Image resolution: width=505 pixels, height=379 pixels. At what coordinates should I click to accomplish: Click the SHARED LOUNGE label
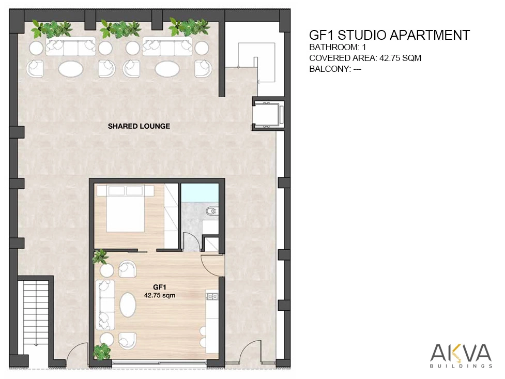click(139, 126)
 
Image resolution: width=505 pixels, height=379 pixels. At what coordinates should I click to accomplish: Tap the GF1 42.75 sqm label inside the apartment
click(160, 291)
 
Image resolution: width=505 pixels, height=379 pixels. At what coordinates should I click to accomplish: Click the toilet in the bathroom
click(211, 211)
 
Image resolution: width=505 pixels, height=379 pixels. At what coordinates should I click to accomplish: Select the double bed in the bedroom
click(126, 208)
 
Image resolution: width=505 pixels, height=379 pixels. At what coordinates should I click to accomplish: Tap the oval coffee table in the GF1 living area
click(128, 305)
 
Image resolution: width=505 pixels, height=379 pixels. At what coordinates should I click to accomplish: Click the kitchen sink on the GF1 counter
click(212, 296)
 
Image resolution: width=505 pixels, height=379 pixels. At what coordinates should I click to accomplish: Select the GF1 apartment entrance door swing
click(212, 265)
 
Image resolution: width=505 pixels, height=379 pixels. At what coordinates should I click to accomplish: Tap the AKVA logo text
click(461, 353)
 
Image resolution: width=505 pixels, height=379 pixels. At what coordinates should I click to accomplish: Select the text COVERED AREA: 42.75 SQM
click(365, 58)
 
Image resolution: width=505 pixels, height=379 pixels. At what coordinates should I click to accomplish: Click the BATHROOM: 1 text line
click(338, 47)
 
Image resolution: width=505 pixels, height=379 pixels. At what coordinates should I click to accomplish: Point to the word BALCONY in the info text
click(329, 69)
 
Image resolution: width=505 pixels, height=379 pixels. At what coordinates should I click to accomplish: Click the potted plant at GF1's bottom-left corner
click(102, 352)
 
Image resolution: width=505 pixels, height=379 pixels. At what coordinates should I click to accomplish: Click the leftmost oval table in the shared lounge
click(71, 68)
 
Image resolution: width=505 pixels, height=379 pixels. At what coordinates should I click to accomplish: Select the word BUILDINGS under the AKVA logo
click(461, 366)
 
